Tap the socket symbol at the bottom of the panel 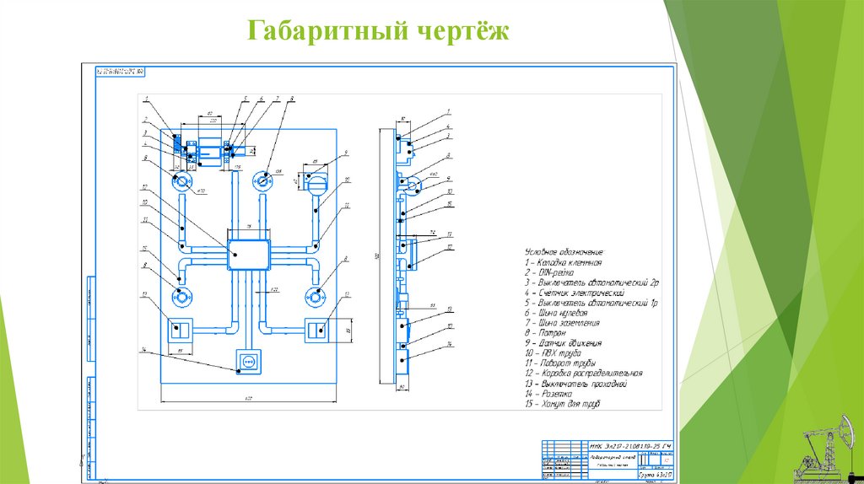pyautogui.click(x=249, y=361)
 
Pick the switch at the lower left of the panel pyautogui.click(x=180, y=329)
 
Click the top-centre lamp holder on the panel pyautogui.click(x=264, y=179)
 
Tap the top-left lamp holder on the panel pyautogui.click(x=181, y=180)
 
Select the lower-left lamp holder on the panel pyautogui.click(x=181, y=297)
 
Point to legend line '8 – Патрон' pyautogui.click(x=548, y=333)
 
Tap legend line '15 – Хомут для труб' pyautogui.click(x=562, y=404)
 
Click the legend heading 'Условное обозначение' pyautogui.click(x=564, y=252)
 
